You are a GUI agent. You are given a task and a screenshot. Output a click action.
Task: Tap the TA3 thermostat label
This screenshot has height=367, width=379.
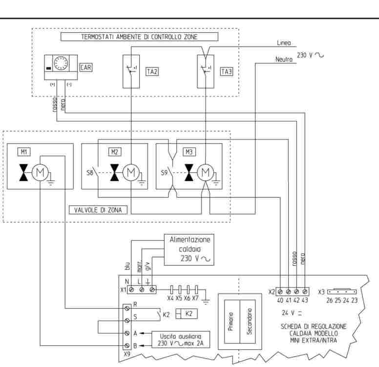click(x=227, y=71)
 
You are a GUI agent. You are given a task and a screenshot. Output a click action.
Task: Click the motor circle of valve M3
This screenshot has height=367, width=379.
click(x=206, y=173)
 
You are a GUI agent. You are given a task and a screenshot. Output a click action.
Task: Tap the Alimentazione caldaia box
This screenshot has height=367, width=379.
click(x=189, y=249)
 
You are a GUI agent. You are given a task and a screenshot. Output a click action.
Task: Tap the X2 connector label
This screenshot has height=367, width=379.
click(x=272, y=291)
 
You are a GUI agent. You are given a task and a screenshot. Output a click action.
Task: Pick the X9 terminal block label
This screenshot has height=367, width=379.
click(x=127, y=351)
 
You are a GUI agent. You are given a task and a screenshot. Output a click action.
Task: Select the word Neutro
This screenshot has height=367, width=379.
click(x=283, y=59)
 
